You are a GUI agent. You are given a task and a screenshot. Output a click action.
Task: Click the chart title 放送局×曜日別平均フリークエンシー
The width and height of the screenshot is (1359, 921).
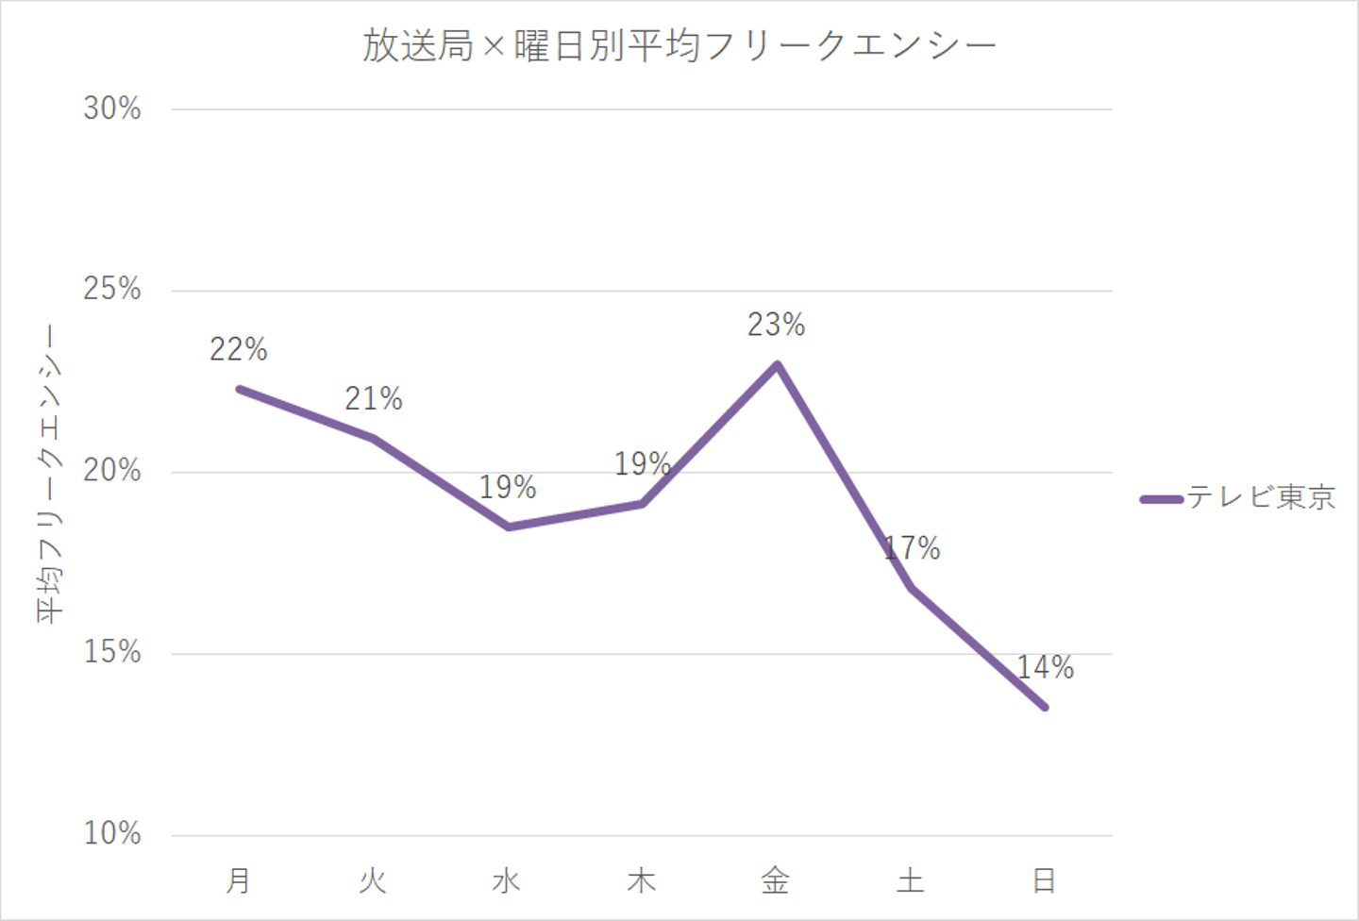tap(679, 45)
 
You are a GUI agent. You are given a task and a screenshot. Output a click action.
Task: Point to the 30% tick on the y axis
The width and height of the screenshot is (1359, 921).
tap(112, 109)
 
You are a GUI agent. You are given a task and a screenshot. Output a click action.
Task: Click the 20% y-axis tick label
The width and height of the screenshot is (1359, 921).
tap(112, 471)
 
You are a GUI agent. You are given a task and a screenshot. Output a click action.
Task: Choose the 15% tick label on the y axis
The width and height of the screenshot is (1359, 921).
tap(112, 652)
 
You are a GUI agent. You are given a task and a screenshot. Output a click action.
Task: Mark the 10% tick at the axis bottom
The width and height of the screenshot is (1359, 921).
tap(112, 833)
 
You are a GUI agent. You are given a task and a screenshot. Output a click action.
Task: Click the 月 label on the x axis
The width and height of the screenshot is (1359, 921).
tap(239, 880)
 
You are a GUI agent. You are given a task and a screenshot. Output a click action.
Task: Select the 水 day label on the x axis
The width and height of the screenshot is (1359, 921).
tap(507, 880)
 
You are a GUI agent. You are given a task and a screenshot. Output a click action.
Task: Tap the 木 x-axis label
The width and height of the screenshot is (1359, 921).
tap(642, 880)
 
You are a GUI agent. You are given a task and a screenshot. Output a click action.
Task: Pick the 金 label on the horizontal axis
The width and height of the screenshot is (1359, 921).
tap(776, 880)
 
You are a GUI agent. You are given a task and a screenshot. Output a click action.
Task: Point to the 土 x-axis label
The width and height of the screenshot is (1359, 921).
tap(911, 880)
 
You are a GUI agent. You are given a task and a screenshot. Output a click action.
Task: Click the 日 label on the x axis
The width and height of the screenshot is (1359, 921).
tap(1044, 880)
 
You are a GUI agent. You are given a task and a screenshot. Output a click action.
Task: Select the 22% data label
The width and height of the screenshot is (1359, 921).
tap(239, 350)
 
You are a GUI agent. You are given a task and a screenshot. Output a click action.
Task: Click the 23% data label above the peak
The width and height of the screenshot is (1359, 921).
tap(776, 326)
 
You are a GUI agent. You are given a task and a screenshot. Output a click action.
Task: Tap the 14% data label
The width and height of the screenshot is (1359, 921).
tap(1046, 668)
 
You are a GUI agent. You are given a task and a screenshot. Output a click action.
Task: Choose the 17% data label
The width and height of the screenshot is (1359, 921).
tap(913, 548)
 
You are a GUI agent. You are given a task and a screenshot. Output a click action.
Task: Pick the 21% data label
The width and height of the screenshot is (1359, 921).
tap(374, 399)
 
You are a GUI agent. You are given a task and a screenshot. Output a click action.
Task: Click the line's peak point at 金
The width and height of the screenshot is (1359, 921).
tap(777, 364)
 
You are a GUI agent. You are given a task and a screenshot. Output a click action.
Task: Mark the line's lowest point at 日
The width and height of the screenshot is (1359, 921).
tap(1045, 707)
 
